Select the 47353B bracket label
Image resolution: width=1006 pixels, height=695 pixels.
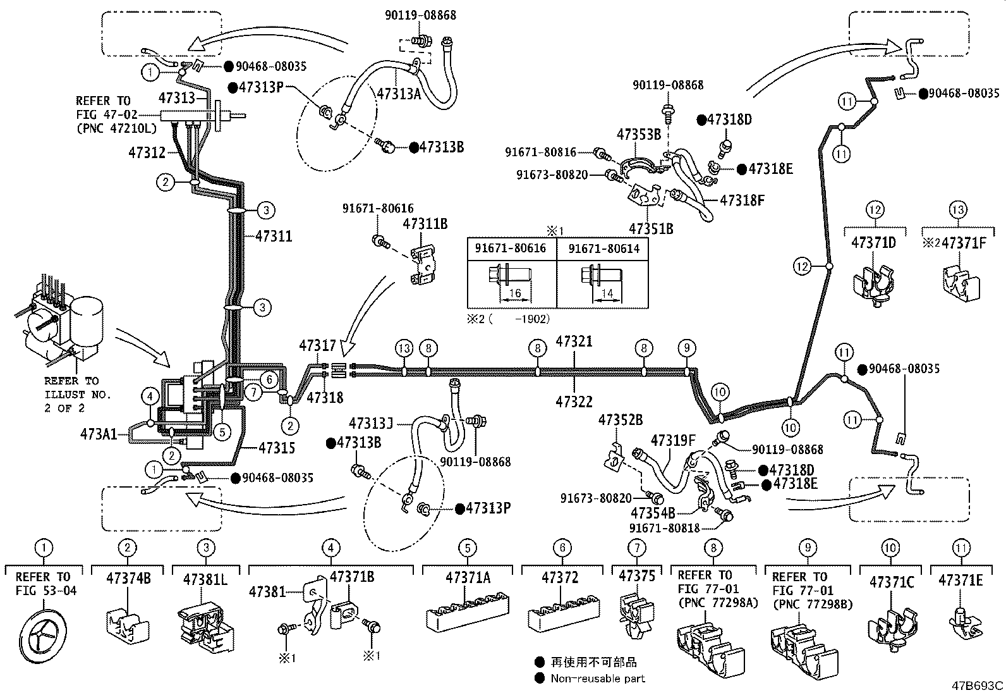tap(638, 134)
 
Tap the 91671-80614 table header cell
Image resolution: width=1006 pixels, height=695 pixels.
tap(603, 249)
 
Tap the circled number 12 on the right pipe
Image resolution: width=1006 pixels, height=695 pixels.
tap(802, 267)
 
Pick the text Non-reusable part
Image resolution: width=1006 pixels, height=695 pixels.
tap(598, 678)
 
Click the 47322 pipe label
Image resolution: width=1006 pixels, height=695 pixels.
tap(574, 401)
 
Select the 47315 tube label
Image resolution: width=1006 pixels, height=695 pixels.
tap(277, 448)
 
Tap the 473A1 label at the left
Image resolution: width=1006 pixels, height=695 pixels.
tap(99, 434)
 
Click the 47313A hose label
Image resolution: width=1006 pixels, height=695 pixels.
tap(398, 94)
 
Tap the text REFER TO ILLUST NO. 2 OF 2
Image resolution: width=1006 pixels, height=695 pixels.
tap(77, 395)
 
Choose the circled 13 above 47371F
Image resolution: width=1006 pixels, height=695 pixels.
tap(957, 209)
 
